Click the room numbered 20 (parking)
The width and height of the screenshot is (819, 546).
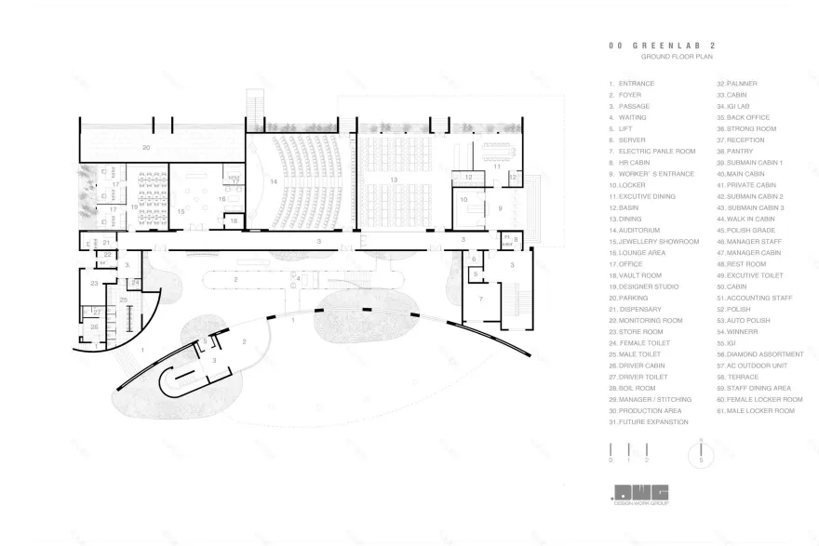(145, 148)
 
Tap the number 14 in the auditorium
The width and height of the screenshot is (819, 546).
(274, 181)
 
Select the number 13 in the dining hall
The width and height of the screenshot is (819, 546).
(394, 180)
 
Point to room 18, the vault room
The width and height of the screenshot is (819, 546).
(235, 220)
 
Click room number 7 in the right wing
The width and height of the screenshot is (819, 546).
(480, 299)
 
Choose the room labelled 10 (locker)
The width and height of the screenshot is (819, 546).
(463, 199)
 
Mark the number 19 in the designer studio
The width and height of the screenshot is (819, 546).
(134, 206)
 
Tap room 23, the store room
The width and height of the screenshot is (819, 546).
(95, 283)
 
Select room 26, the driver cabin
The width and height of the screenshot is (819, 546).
(94, 326)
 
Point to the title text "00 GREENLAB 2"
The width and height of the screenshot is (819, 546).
(650, 44)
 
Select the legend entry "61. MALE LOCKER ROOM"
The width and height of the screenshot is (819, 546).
(759, 410)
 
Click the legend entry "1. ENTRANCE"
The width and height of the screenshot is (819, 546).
(632, 84)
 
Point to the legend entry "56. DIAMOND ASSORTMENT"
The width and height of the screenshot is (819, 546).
(759, 354)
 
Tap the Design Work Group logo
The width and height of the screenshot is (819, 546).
(641, 495)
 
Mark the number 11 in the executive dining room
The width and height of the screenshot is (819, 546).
(498, 166)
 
